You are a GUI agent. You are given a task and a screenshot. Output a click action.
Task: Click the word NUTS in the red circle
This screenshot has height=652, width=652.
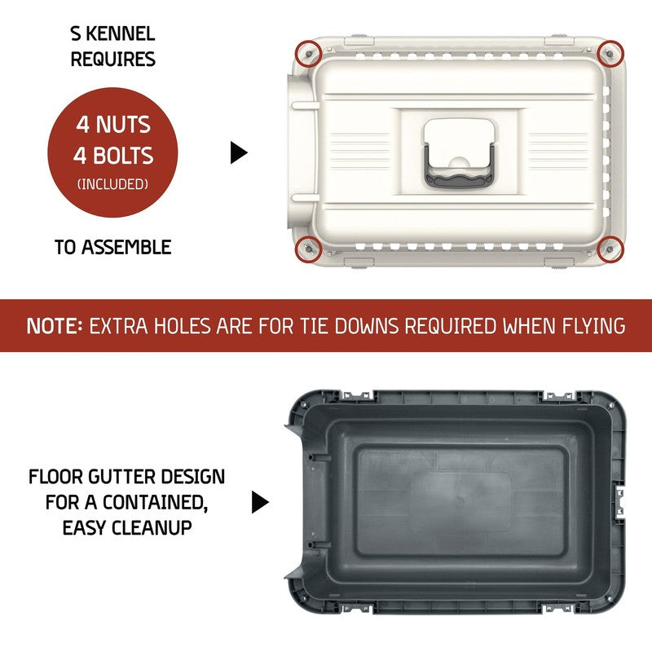point(123,125)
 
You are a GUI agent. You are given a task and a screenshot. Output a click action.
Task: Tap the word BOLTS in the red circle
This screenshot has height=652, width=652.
point(123,156)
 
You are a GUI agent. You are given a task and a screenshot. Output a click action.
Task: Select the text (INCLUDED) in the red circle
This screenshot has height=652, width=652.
point(112,184)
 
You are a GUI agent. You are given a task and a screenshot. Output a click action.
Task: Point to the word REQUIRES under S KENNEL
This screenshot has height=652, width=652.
point(113,59)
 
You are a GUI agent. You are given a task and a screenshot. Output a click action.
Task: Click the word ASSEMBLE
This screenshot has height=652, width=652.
point(126,247)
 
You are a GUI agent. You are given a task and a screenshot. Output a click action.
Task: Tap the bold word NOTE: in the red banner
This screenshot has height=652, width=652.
point(54,326)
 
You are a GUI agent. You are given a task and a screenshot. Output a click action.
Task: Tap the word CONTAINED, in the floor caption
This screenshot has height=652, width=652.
point(156,502)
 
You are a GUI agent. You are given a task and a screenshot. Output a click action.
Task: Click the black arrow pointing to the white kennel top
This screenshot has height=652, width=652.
point(239,152)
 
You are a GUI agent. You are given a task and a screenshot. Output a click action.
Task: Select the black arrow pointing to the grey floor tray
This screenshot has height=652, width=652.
point(260,502)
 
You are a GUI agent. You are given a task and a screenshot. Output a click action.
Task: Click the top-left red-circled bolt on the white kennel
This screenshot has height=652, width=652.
point(309,54)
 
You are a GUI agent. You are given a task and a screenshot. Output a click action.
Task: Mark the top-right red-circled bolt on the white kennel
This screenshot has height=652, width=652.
point(610,54)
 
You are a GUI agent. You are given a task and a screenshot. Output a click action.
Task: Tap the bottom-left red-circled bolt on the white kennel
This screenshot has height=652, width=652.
point(309,249)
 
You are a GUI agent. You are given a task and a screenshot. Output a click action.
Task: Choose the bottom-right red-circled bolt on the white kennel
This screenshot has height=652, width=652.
point(610,249)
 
